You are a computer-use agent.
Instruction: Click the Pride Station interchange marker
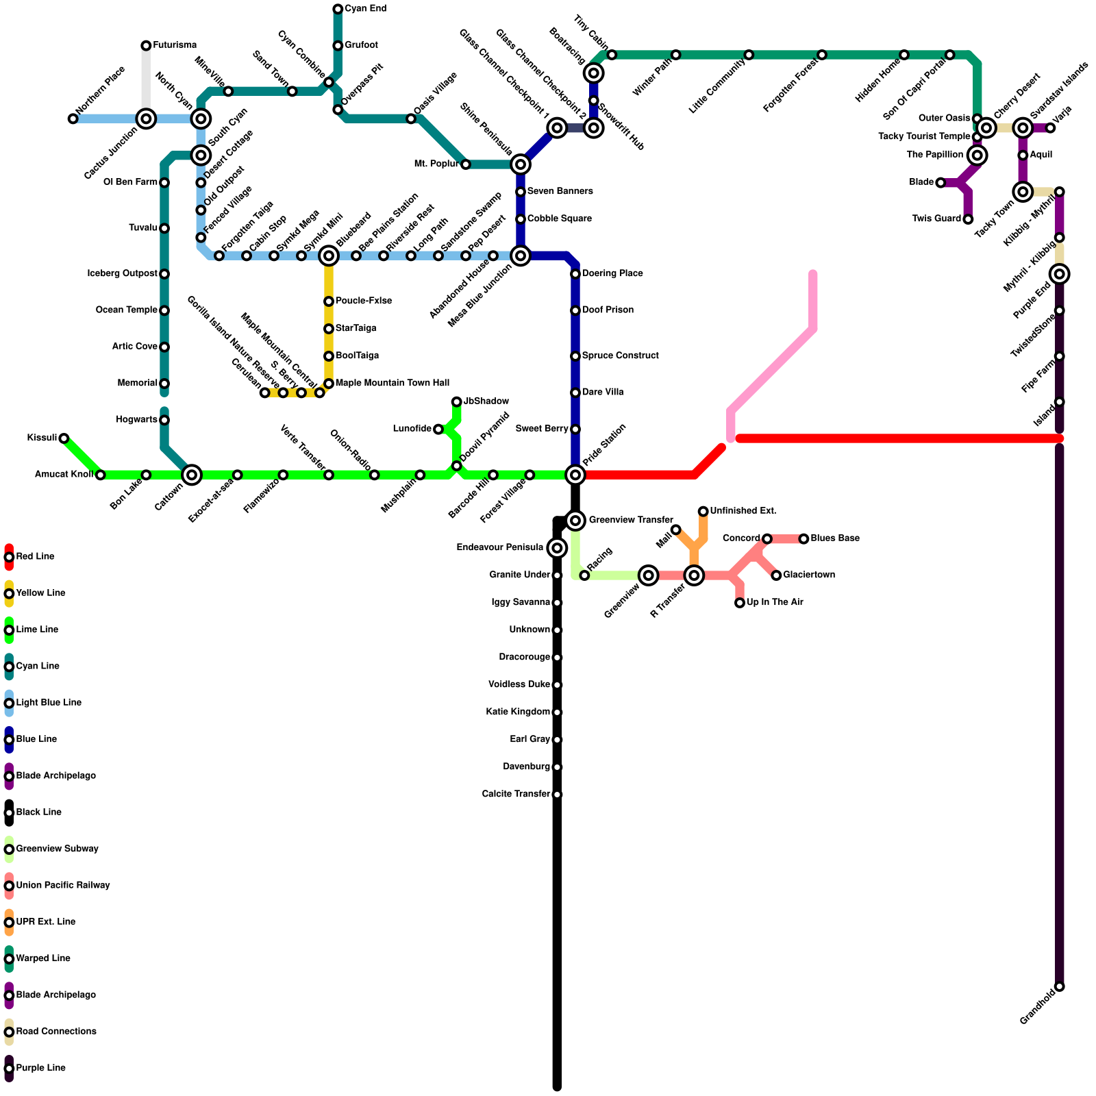[x=575, y=475]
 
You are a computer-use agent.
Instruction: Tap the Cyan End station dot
[x=338, y=9]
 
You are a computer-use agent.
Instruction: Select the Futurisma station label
[x=175, y=45]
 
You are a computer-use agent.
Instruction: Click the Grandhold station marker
[x=1060, y=987]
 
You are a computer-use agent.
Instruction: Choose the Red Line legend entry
[x=36, y=557]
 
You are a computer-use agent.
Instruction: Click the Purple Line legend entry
[x=41, y=1068]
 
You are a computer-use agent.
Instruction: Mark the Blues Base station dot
[x=804, y=539]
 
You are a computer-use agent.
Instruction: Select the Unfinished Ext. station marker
[x=703, y=511]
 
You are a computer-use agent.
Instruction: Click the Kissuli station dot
[x=64, y=438]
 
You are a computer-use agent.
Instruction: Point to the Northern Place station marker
[x=73, y=119]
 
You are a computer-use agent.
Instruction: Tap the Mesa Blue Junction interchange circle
[x=521, y=256]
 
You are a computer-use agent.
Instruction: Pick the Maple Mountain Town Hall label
[x=393, y=383]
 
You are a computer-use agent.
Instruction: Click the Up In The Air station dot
[x=740, y=603]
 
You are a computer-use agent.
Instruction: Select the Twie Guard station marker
[x=968, y=219]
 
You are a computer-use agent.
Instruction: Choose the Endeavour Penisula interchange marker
[x=557, y=548]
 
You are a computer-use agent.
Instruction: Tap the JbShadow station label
[x=486, y=401]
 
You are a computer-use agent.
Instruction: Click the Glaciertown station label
[x=809, y=575]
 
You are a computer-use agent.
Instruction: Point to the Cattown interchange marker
[x=192, y=475]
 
